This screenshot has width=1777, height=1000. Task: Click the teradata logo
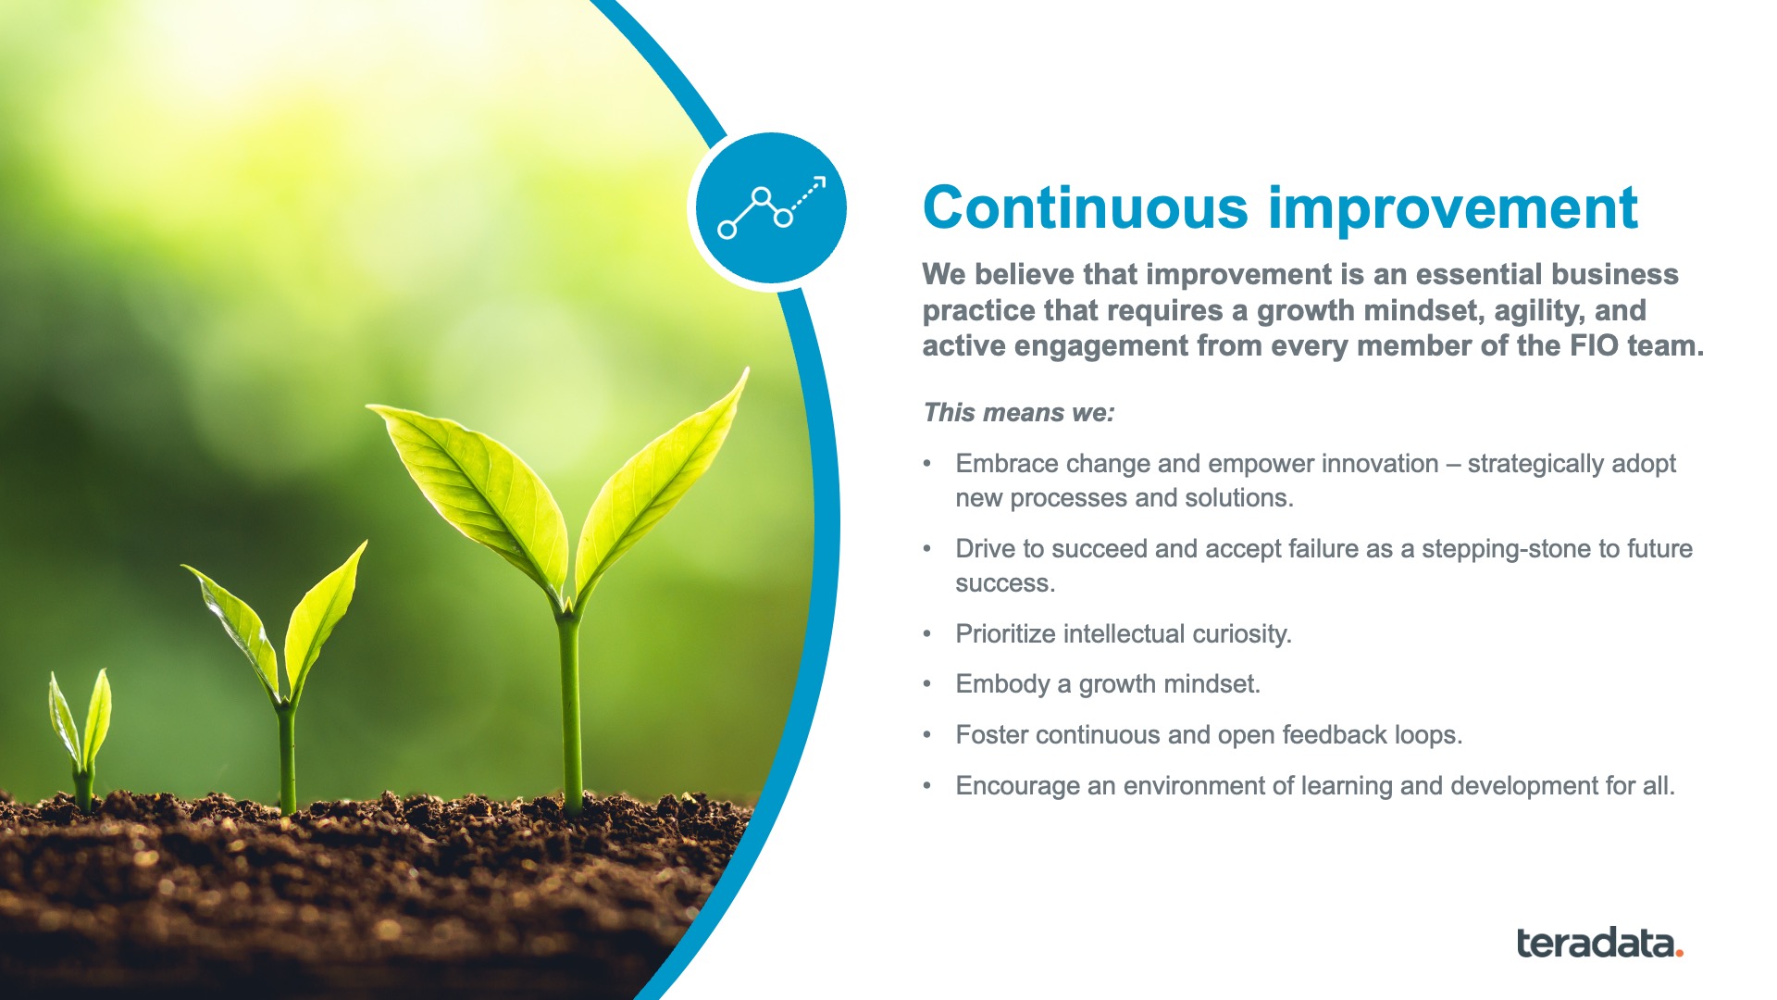coord(1599,943)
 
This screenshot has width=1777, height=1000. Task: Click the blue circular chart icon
coord(771,208)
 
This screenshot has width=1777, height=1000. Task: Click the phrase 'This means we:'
coord(1018,413)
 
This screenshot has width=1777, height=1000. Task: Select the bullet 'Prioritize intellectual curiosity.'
coord(1124,634)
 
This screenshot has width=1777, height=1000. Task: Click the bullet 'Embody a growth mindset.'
coord(1108,684)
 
